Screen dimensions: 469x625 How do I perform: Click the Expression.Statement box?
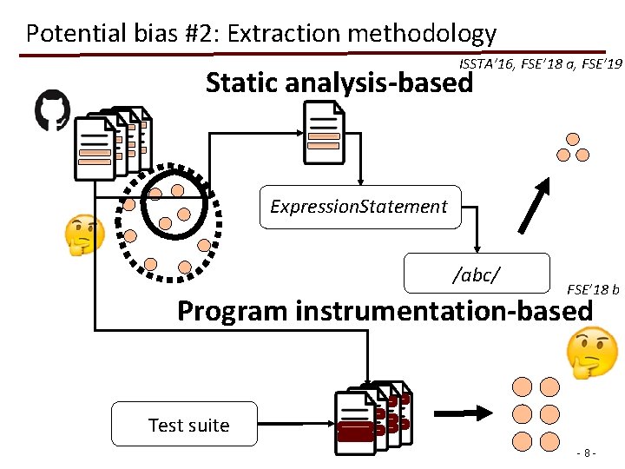[360, 207]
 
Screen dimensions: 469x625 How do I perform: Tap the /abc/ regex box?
[477, 274]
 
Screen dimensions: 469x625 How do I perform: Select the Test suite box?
[185, 425]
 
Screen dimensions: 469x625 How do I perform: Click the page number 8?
[589, 453]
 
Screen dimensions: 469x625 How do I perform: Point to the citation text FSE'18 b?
[593, 289]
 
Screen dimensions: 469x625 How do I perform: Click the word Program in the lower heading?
[233, 310]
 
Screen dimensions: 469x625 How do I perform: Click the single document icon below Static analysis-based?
[324, 133]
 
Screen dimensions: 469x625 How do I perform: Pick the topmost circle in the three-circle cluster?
[573, 139]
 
